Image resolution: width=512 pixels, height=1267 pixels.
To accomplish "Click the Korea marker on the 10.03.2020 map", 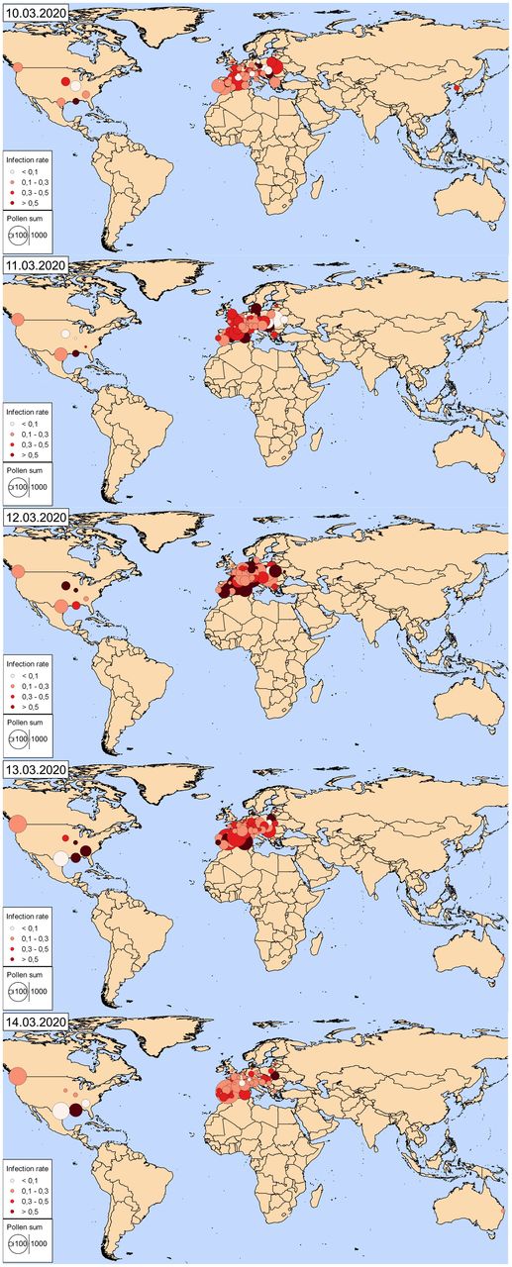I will (456, 89).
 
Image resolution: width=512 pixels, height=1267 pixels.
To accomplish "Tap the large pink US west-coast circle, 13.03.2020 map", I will (15, 824).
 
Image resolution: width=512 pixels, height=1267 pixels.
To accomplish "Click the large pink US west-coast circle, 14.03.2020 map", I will (16, 1077).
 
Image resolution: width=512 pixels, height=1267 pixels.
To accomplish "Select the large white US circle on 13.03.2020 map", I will (61, 858).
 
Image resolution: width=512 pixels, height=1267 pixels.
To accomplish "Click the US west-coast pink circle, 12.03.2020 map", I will (16, 570).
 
